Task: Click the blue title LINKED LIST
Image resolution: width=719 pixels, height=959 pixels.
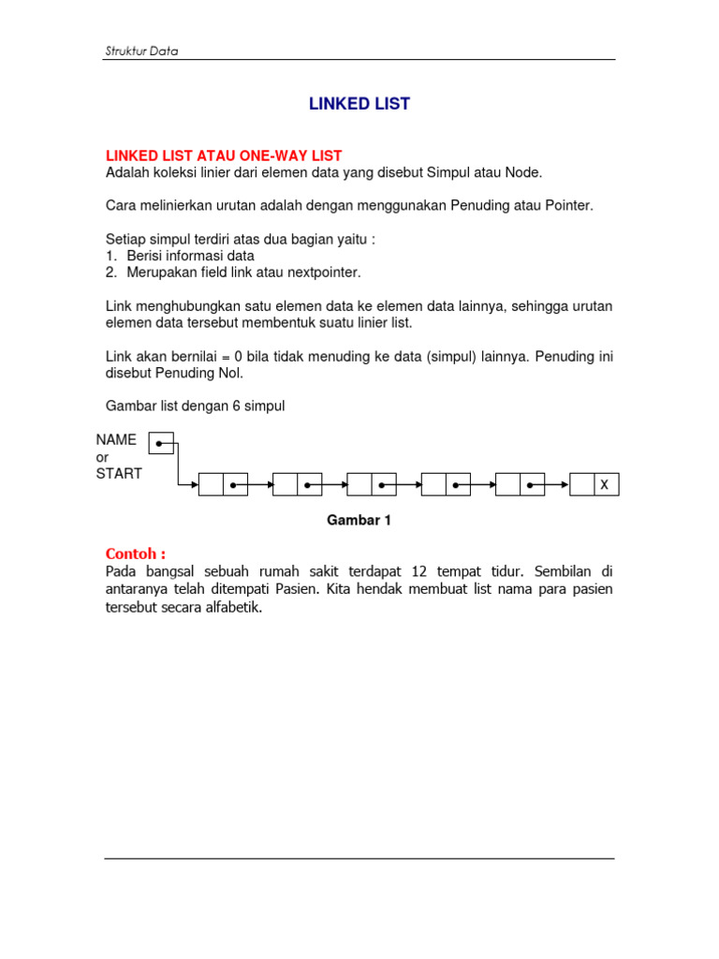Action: [359, 104]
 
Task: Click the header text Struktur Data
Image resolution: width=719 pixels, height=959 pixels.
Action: [140, 52]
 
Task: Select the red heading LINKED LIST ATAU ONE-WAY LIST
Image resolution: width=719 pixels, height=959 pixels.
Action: [224, 155]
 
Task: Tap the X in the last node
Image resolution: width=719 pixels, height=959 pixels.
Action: [605, 485]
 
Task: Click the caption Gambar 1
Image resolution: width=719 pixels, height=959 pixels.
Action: [359, 520]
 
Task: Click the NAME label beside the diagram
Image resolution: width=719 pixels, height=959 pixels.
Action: [116, 439]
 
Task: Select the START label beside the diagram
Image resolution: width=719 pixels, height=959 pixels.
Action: [119, 474]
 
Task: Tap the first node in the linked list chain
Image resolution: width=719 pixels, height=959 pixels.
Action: [223, 485]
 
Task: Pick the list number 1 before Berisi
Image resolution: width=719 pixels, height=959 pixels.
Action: [110, 256]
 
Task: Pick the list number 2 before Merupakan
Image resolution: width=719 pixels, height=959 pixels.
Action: [110, 273]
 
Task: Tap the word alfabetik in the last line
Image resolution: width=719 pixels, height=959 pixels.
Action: [233, 607]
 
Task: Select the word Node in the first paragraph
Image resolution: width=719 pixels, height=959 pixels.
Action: [523, 172]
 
